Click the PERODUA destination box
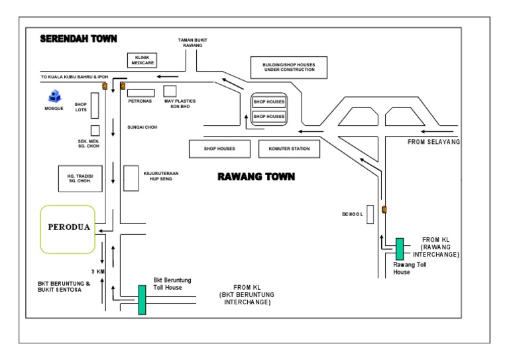click(68, 229)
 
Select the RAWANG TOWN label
click(256, 178)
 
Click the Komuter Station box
click(289, 149)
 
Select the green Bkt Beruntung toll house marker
click(142, 300)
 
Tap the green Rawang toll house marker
click(400, 249)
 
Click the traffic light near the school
click(384, 210)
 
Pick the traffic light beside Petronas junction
click(104, 86)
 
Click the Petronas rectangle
click(141, 91)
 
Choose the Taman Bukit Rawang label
click(192, 43)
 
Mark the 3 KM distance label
click(98, 270)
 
